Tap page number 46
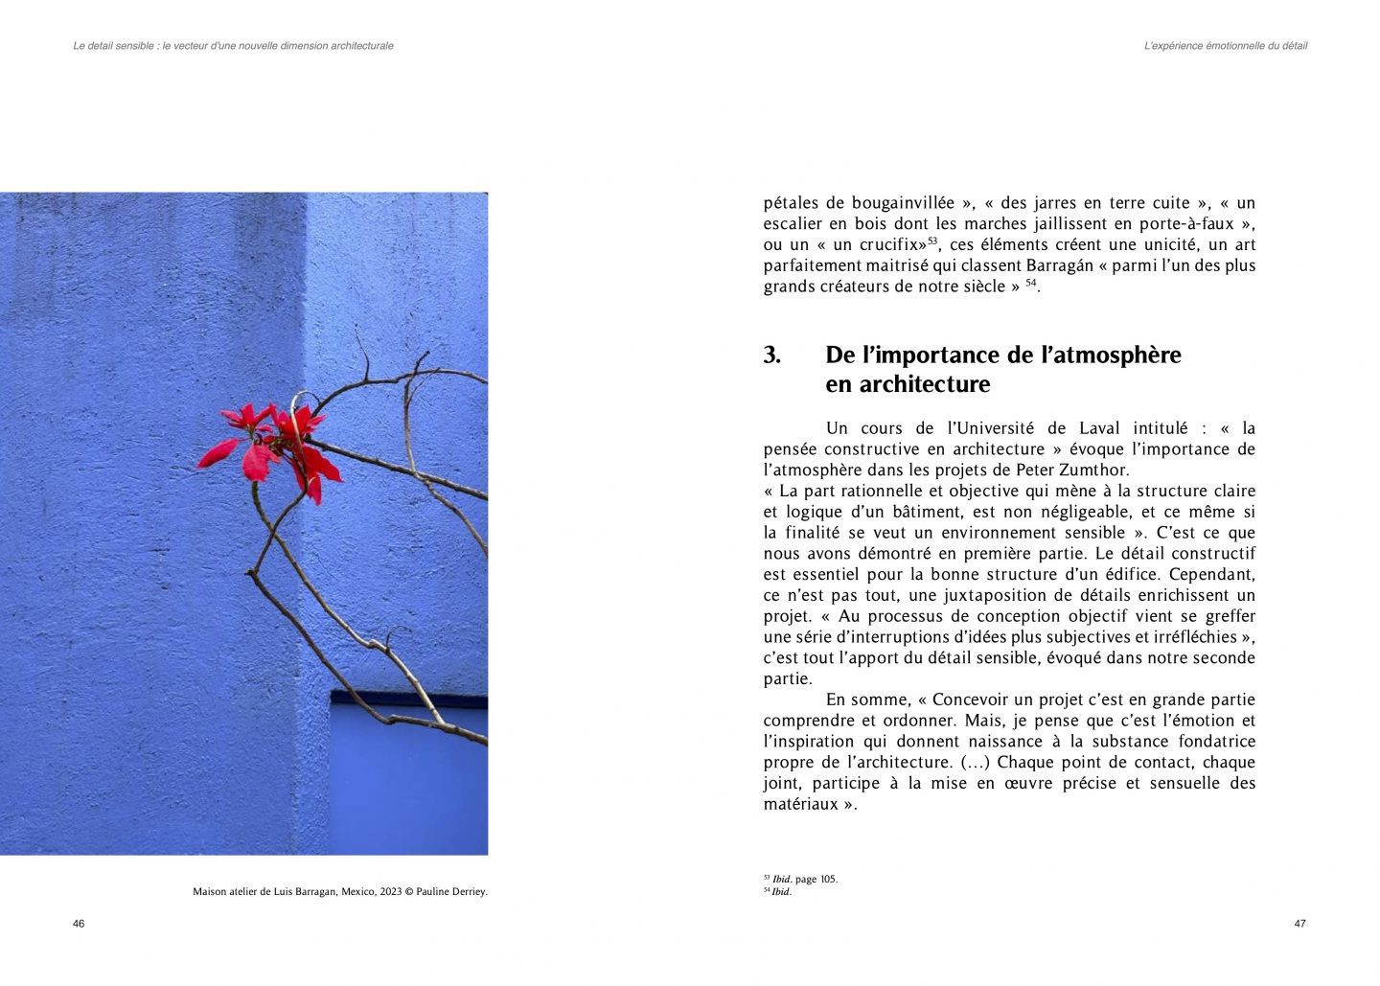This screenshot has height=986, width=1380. click(x=79, y=924)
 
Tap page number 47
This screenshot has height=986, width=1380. click(x=1299, y=924)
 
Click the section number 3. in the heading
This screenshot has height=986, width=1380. click(x=772, y=355)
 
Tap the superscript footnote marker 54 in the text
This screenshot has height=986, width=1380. click(x=1031, y=283)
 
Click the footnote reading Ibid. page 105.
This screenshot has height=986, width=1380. click(x=804, y=879)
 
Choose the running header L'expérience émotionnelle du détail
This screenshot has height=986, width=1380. click(x=1226, y=46)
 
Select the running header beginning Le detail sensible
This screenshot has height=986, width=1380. click(x=233, y=46)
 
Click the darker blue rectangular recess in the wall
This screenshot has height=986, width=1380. click(x=408, y=776)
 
